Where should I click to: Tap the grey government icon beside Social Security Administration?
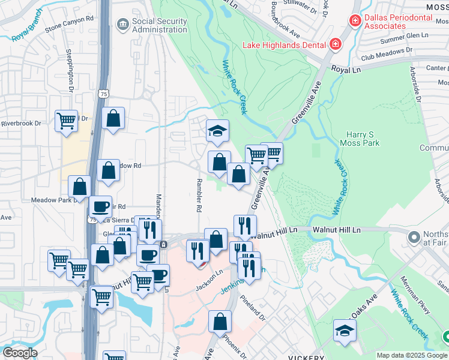pos(123,24)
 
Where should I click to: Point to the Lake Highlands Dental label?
pos(283,44)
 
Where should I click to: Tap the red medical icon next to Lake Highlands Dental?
pos(334,44)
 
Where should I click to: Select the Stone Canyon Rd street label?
pos(70,27)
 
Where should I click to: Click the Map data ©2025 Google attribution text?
pos(412,355)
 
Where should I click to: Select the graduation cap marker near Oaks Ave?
pos(345,331)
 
